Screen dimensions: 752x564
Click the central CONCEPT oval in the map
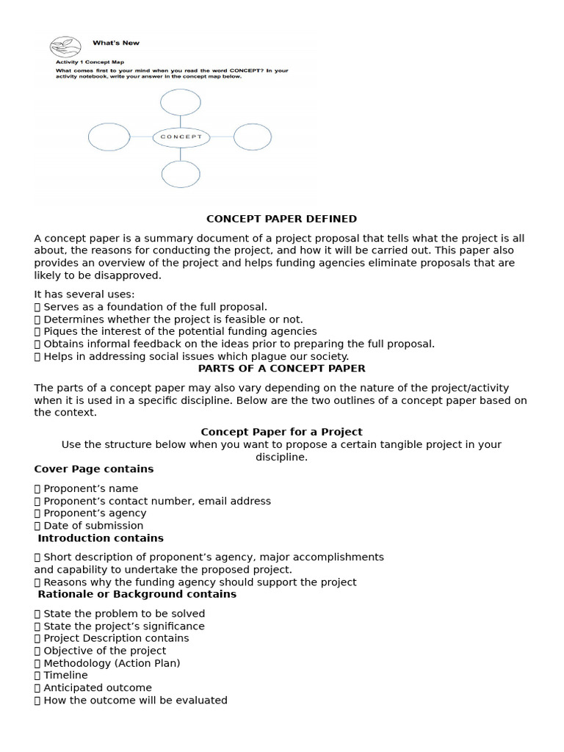(181, 137)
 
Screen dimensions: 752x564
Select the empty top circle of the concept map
(181, 102)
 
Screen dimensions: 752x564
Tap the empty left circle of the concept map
(109, 137)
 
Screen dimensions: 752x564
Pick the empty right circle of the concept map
(253, 137)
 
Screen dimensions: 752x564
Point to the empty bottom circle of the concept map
(181, 174)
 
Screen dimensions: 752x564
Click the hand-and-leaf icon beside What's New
(65, 48)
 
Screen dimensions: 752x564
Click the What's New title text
(116, 43)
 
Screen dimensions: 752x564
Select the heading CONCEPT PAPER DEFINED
(281, 219)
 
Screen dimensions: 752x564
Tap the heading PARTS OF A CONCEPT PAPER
(281, 369)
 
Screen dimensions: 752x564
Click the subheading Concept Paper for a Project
(281, 432)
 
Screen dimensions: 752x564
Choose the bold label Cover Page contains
(94, 469)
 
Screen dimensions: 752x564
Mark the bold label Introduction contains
(101, 538)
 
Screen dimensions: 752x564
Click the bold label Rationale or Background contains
(137, 593)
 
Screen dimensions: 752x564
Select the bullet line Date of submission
(93, 525)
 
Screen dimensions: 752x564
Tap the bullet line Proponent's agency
(95, 513)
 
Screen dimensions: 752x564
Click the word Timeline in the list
(65, 675)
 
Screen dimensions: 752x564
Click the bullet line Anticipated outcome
(98, 688)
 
